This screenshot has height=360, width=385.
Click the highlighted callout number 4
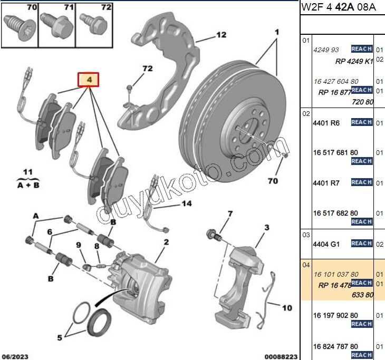click(x=89, y=80)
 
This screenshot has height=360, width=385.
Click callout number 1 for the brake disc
click(x=276, y=32)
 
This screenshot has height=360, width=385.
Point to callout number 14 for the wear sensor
click(x=187, y=203)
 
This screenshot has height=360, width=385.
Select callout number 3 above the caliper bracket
click(x=267, y=227)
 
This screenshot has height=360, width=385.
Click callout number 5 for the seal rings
click(x=59, y=337)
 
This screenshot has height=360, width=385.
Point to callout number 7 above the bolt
click(x=229, y=213)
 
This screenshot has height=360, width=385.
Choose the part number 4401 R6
click(x=326, y=123)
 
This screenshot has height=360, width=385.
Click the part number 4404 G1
click(x=326, y=245)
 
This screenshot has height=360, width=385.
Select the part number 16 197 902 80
click(x=335, y=315)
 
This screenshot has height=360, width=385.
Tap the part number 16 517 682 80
click(x=335, y=213)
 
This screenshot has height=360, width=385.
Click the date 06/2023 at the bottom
click(x=14, y=356)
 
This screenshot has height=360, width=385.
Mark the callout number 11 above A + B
click(x=27, y=172)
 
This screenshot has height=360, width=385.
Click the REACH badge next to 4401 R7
click(x=362, y=182)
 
